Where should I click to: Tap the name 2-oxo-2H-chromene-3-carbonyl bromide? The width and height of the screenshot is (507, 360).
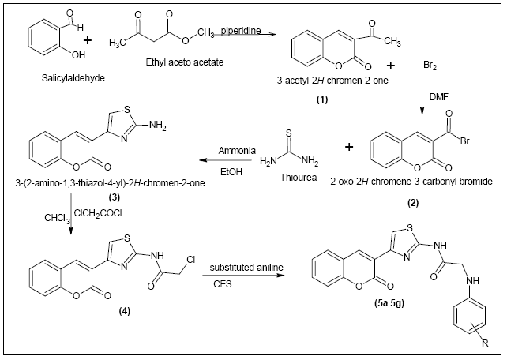tap(416, 180)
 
